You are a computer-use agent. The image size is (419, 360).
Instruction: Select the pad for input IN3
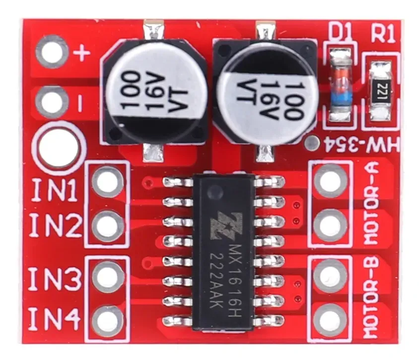(107, 277)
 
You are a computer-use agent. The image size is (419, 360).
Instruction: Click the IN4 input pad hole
(107, 321)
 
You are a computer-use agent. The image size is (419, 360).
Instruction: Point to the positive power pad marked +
(52, 51)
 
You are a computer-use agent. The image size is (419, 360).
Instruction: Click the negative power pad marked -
(52, 102)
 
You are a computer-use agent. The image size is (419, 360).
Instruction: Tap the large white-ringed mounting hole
(59, 147)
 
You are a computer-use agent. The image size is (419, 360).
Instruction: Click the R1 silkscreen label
(383, 34)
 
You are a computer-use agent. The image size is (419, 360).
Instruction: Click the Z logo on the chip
(226, 225)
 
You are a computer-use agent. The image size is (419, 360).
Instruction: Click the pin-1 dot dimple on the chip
(215, 192)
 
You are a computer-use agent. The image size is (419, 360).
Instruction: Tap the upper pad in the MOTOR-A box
(331, 181)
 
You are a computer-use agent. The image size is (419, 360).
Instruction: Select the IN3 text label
(54, 279)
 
